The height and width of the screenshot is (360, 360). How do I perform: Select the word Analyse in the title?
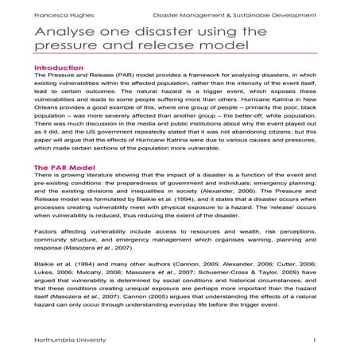70,35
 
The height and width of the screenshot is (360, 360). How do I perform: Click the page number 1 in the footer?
315,340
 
